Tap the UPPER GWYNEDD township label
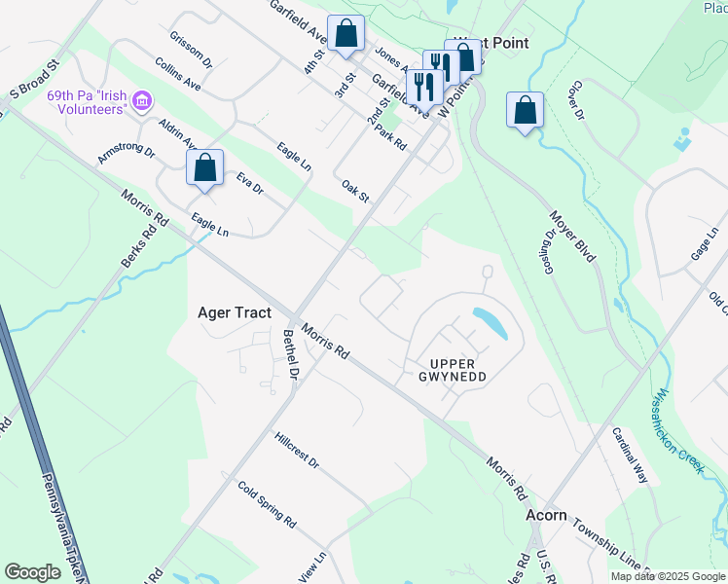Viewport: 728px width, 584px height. pyautogui.click(x=451, y=369)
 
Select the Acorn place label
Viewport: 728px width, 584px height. pyautogui.click(x=546, y=515)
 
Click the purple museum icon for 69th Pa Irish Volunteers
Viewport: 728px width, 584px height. pyautogui.click(x=142, y=100)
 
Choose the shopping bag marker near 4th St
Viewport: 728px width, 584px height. pyautogui.click(x=346, y=33)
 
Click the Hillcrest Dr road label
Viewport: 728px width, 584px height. pyautogui.click(x=297, y=451)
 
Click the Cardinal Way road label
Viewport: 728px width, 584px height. pyautogui.click(x=630, y=456)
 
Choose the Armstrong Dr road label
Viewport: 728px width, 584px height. pyautogui.click(x=126, y=153)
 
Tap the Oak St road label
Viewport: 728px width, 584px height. pyautogui.click(x=355, y=192)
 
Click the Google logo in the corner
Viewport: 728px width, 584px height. pyautogui.click(x=32, y=572)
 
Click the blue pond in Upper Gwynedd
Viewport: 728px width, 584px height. pyautogui.click(x=489, y=323)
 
